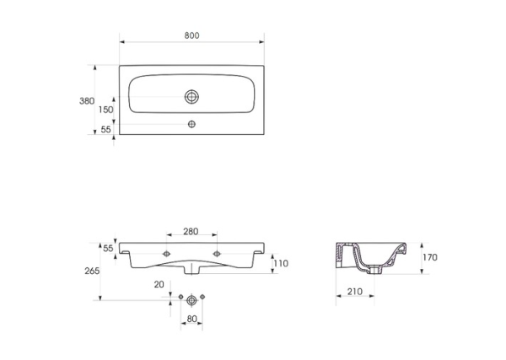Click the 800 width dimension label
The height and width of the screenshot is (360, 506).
pyautogui.click(x=191, y=35)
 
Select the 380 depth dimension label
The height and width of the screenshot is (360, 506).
pyautogui.click(x=87, y=101)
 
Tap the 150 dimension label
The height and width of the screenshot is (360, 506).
pyautogui.click(x=106, y=110)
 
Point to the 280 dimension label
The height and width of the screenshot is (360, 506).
pyautogui.click(x=191, y=231)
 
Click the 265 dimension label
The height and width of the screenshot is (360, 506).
pyautogui.click(x=92, y=271)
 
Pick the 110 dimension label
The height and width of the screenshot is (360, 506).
pyautogui.click(x=281, y=264)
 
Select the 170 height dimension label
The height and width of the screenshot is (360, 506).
pyautogui.click(x=430, y=257)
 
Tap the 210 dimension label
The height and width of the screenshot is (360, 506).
pyautogui.click(x=355, y=292)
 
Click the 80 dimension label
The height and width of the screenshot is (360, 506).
pyautogui.click(x=191, y=319)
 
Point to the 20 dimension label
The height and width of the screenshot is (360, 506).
pyautogui.click(x=159, y=284)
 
